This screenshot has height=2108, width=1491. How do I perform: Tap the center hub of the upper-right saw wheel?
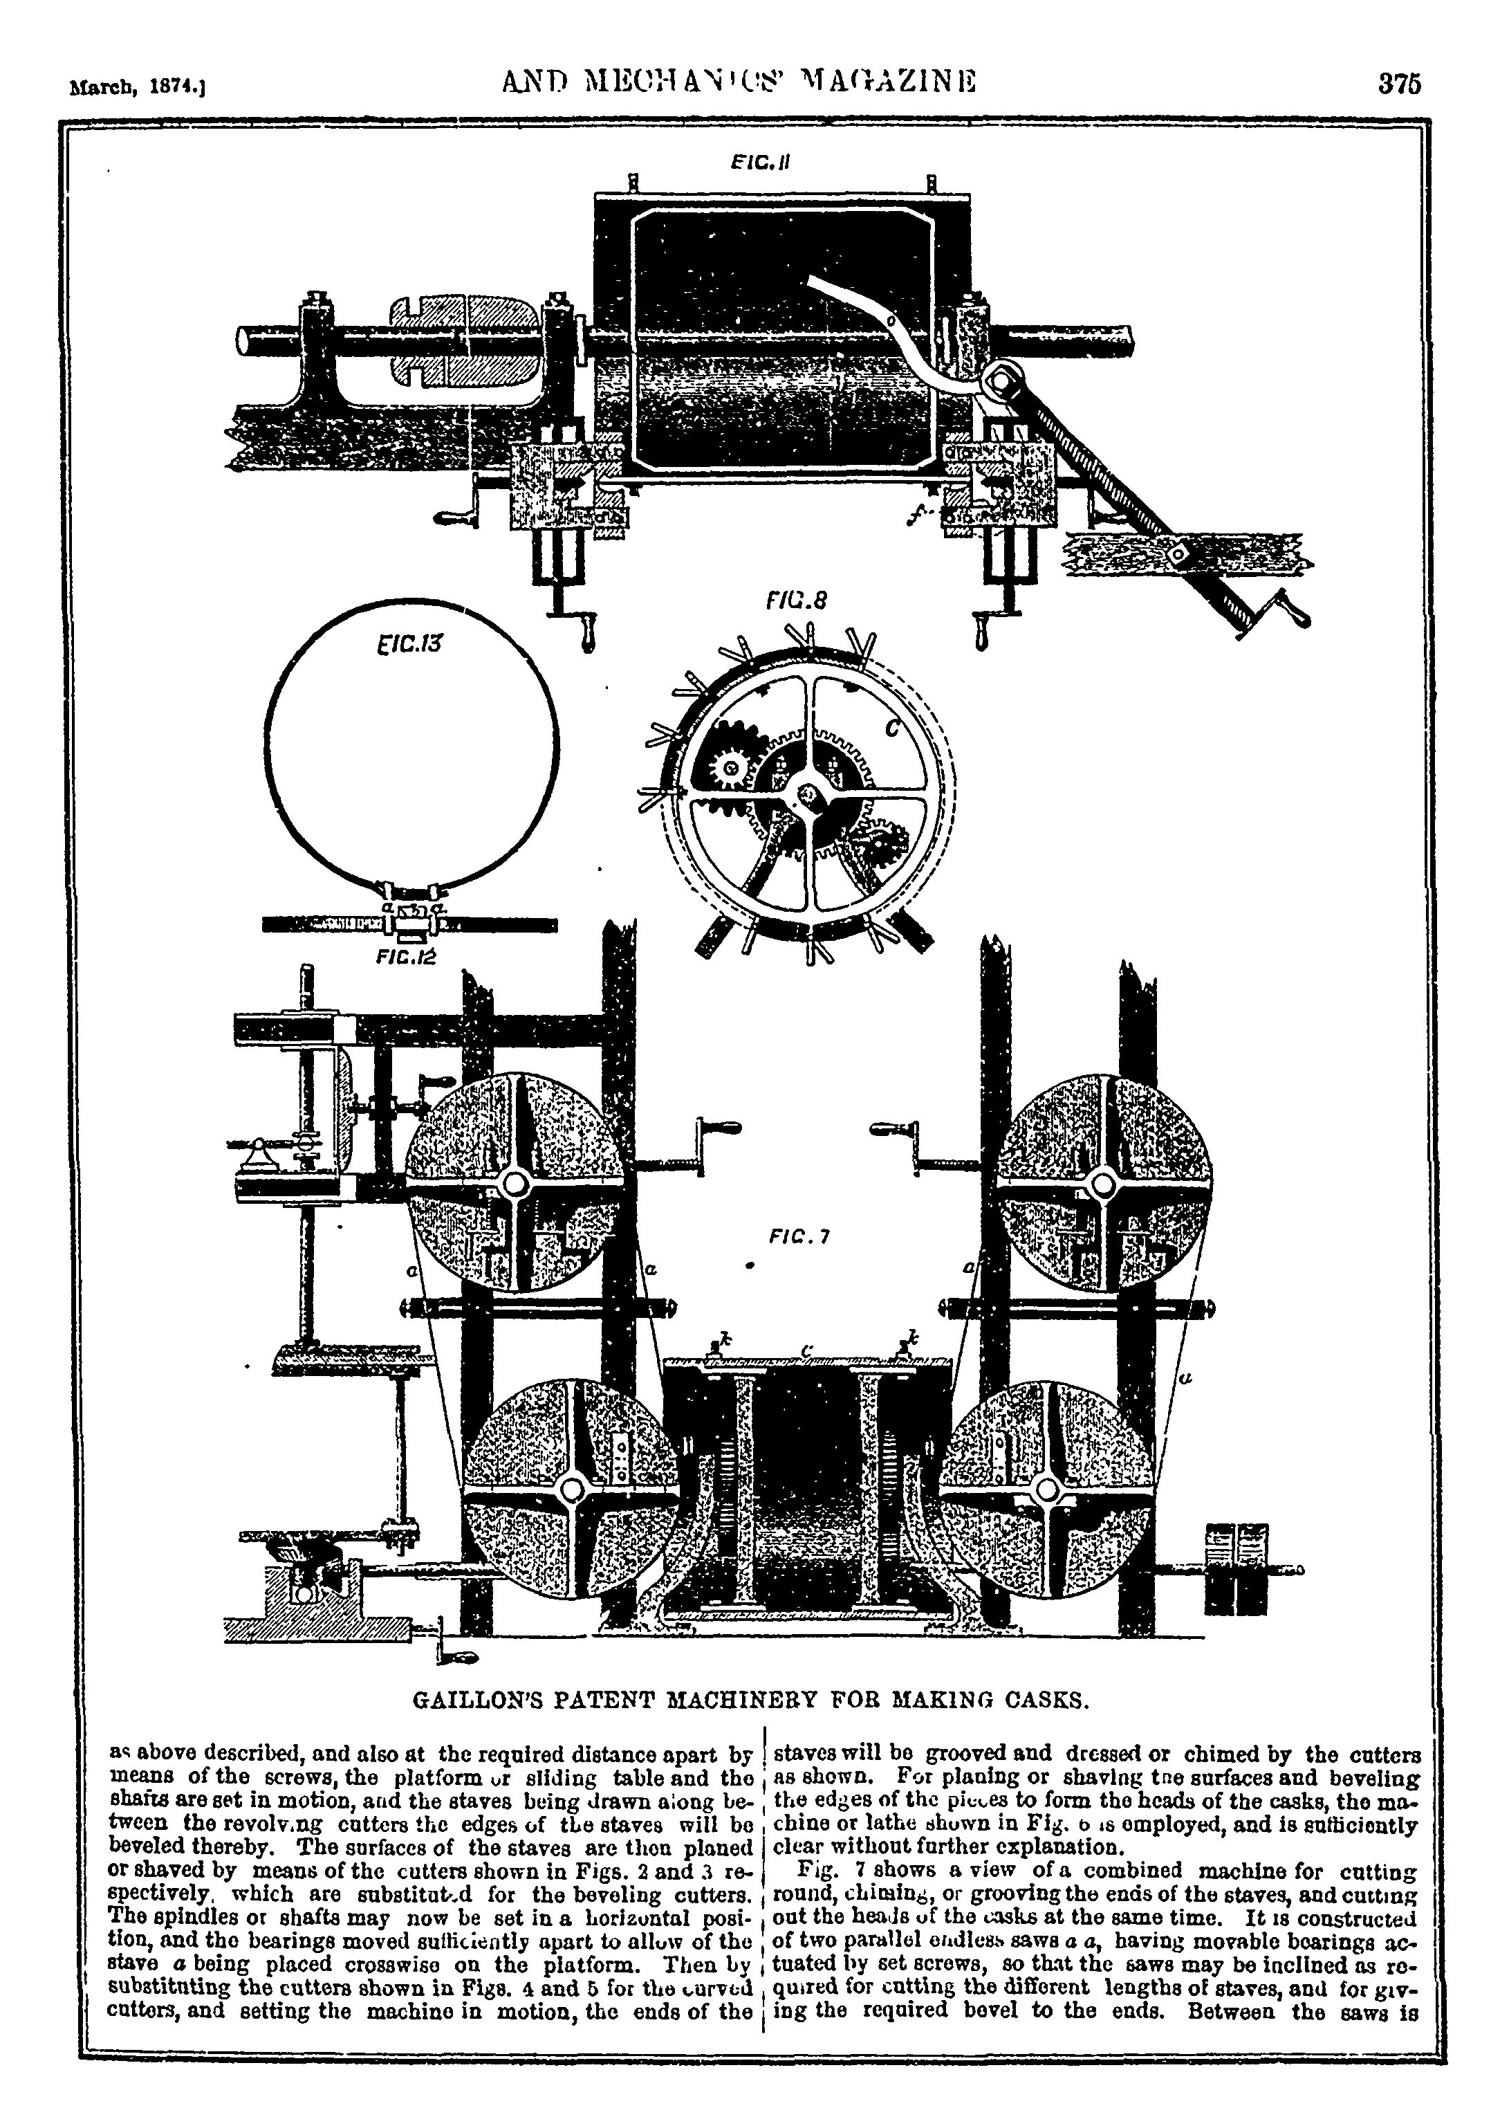click(1102, 1183)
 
